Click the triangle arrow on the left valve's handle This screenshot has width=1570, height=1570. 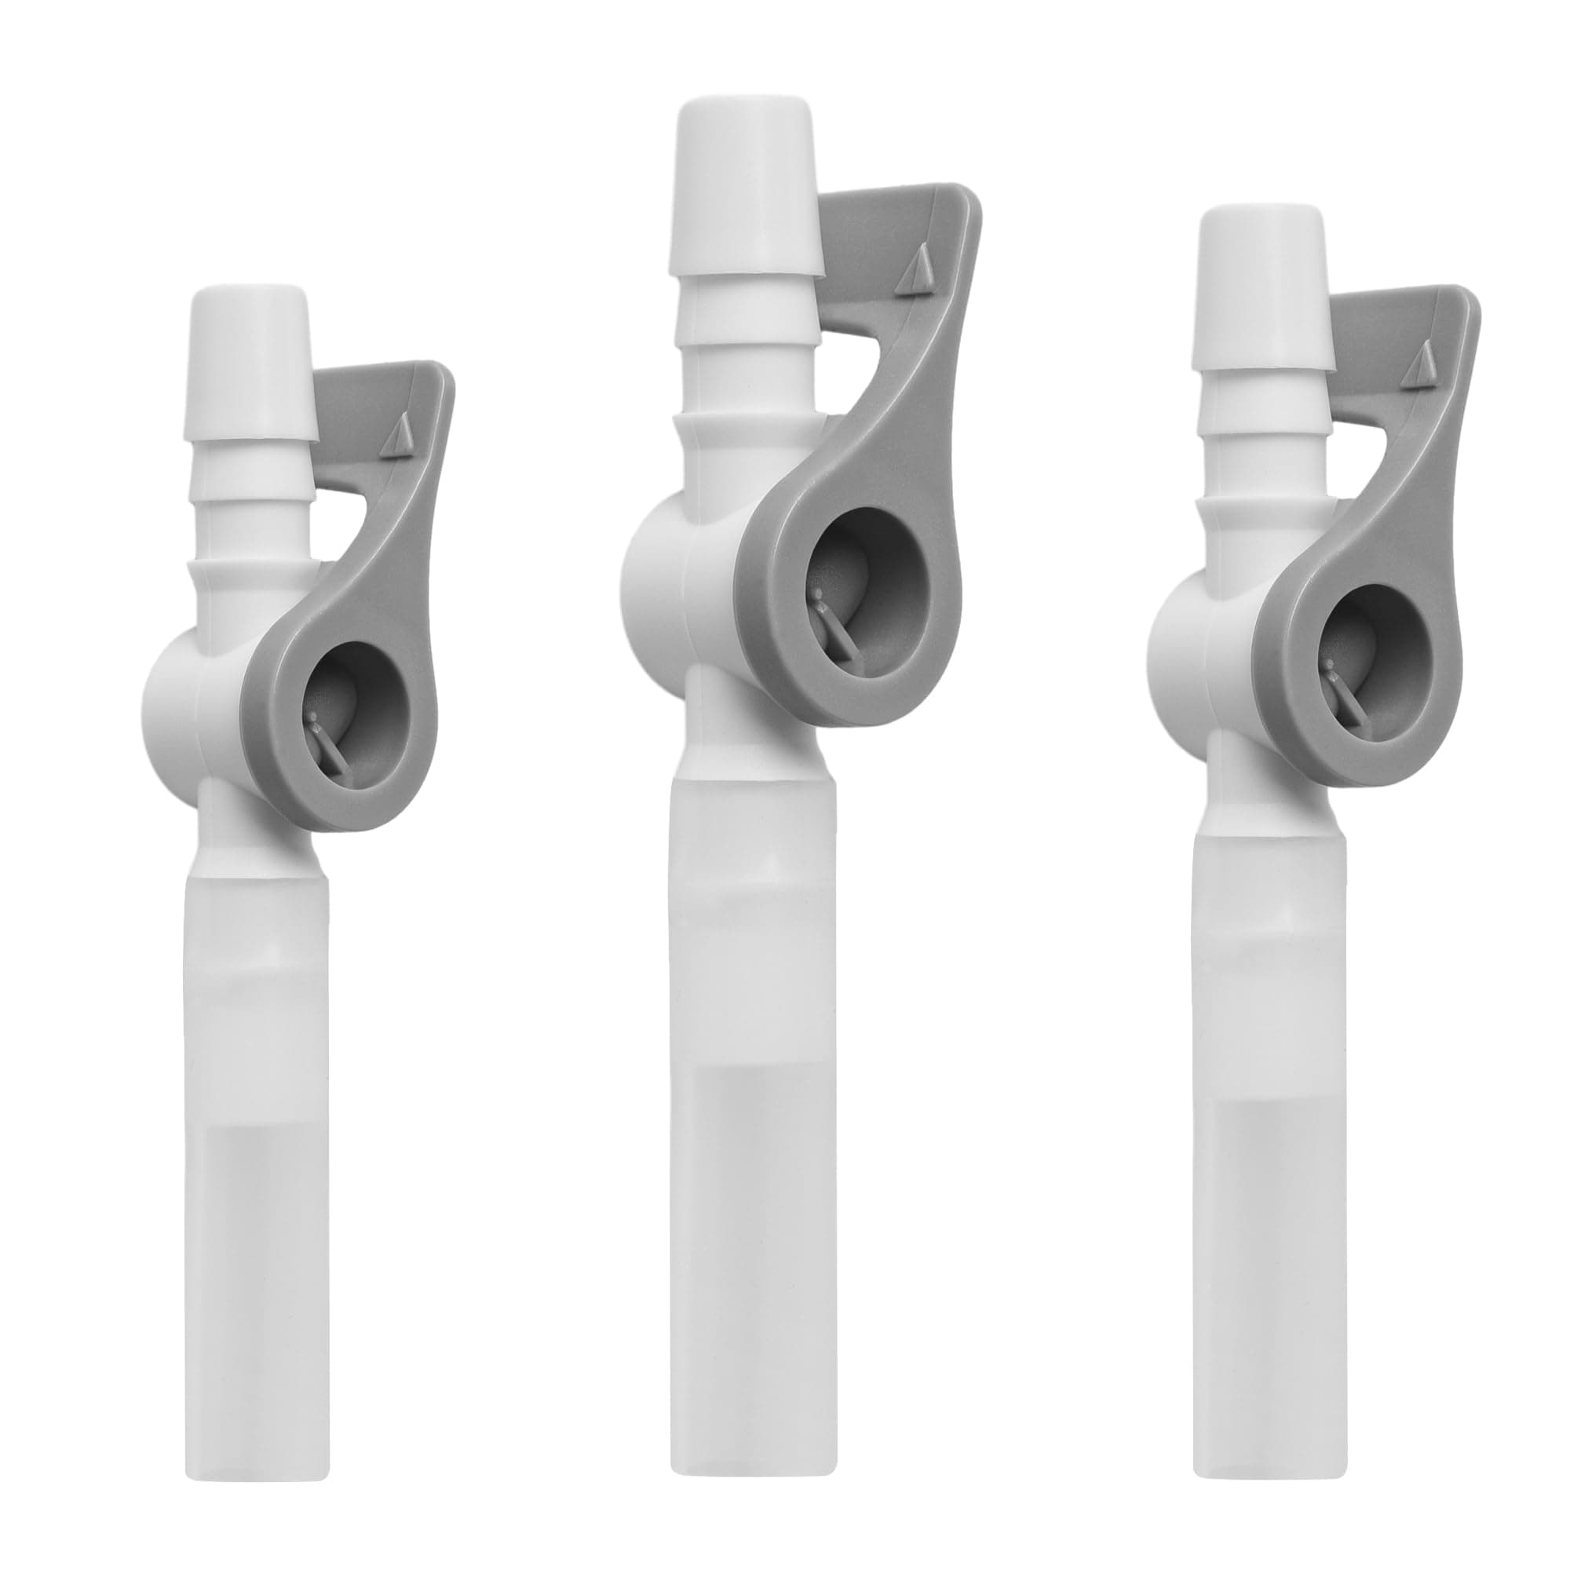(x=400, y=440)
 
